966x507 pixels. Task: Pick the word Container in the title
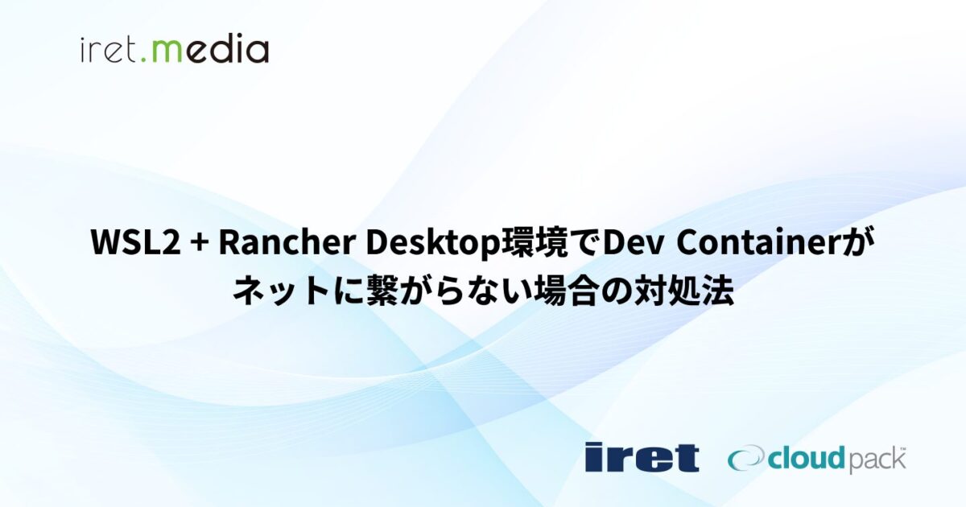pyautogui.click(x=758, y=243)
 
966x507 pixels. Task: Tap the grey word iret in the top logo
pyautogui.click(x=109, y=50)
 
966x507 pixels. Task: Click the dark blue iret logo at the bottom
pyautogui.click(x=642, y=456)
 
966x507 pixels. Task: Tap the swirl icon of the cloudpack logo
pyautogui.click(x=745, y=458)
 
